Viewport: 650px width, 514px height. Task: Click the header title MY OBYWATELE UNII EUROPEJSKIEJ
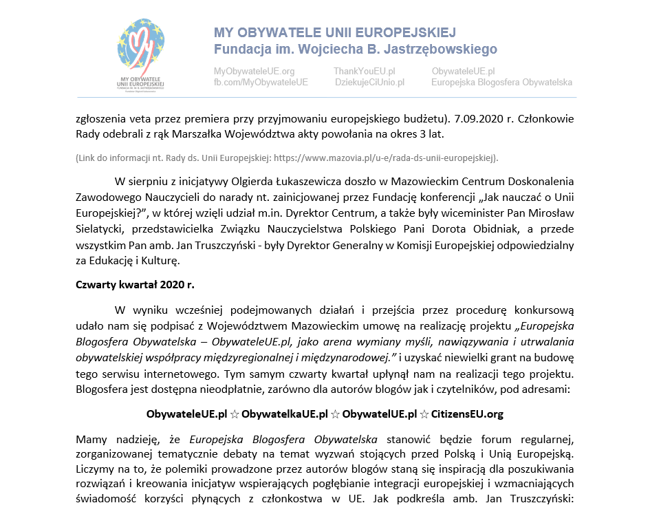(334, 33)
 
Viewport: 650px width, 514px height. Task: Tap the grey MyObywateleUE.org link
(254, 72)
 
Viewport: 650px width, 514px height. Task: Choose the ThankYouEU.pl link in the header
(364, 72)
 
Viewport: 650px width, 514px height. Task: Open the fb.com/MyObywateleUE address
(261, 83)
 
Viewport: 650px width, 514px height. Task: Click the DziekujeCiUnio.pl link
(369, 83)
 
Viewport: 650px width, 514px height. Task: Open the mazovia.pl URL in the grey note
(384, 158)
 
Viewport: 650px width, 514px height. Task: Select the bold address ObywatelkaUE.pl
(284, 414)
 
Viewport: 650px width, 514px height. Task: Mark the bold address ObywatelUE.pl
(380, 414)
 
